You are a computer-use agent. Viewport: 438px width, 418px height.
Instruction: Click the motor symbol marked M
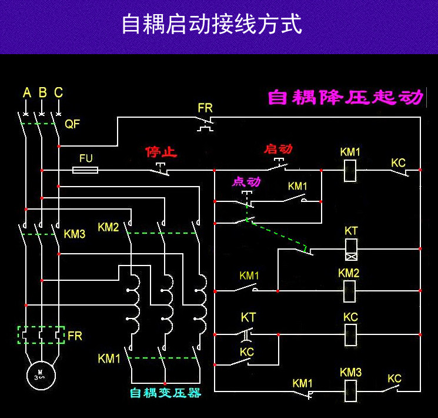point(41,373)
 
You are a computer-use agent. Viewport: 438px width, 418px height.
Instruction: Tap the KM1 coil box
point(350,170)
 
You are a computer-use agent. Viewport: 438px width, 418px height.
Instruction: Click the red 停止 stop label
point(162,152)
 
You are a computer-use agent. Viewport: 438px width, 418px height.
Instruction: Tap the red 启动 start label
point(279,148)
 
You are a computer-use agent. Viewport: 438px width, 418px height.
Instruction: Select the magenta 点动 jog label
point(246,181)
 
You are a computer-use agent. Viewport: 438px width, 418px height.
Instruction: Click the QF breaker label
point(72,124)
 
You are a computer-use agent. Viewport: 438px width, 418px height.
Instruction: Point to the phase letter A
point(26,92)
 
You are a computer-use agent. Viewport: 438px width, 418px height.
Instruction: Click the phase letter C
point(58,92)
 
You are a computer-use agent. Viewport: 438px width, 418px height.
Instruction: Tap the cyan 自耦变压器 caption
point(165,393)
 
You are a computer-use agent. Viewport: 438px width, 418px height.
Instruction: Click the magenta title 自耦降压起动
point(345,97)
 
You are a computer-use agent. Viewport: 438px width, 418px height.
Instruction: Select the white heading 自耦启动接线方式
point(212,25)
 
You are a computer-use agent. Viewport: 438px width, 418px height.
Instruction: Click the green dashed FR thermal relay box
point(41,335)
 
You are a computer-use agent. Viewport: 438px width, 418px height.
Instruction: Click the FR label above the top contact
point(205,108)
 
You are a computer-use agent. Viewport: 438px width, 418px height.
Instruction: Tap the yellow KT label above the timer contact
point(248,318)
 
